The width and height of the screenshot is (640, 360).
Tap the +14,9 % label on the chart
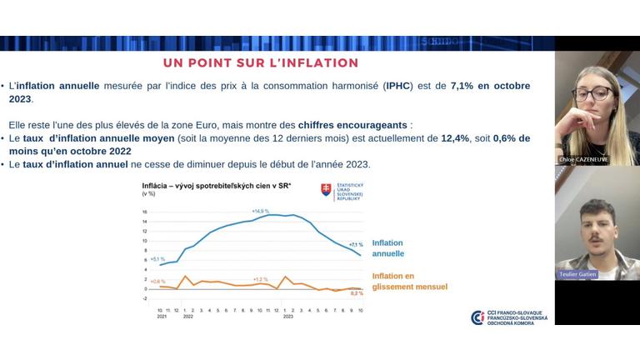260,212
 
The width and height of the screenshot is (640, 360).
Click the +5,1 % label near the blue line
158,259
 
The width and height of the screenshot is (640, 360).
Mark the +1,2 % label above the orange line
260,278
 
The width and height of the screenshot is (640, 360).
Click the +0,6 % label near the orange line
158,282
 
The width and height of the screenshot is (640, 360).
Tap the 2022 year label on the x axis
187,317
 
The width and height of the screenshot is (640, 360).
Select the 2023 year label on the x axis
287,317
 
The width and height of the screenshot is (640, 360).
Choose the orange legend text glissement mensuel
409,287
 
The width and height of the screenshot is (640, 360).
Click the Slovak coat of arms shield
327,190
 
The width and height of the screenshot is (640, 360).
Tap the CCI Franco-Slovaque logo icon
477,317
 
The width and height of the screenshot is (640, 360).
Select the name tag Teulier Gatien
577,273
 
